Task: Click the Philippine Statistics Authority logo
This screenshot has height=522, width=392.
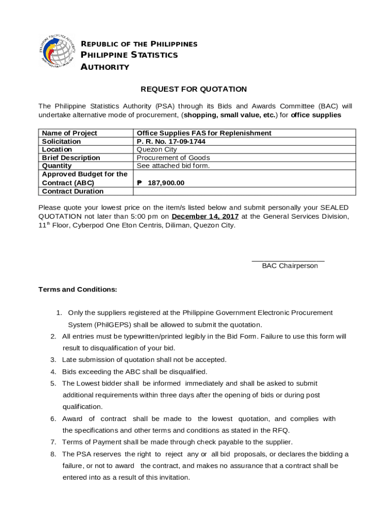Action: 59,51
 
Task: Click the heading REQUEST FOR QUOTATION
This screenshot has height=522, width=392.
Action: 193,89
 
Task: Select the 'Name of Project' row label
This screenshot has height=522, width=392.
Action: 69,133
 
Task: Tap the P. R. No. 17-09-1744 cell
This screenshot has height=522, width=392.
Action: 171,141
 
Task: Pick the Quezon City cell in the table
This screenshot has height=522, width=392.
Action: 157,149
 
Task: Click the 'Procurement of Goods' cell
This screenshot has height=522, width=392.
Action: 173,158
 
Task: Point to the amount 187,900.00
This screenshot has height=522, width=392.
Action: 166,183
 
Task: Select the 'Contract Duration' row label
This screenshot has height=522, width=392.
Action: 73,191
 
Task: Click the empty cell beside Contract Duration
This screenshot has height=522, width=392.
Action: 244,191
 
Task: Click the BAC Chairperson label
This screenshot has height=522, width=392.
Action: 290,266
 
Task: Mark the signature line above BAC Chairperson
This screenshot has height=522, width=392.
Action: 288,261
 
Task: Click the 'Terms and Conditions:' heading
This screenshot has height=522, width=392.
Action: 78,290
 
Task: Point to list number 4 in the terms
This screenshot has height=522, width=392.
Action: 53,372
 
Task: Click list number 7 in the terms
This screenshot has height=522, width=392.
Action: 53,442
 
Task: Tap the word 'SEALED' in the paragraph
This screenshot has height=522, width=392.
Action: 334,207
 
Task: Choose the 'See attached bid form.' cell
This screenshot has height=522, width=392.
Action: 173,166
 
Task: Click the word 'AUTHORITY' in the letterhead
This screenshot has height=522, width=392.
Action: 105,67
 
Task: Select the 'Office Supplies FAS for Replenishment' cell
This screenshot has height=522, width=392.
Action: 204,133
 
